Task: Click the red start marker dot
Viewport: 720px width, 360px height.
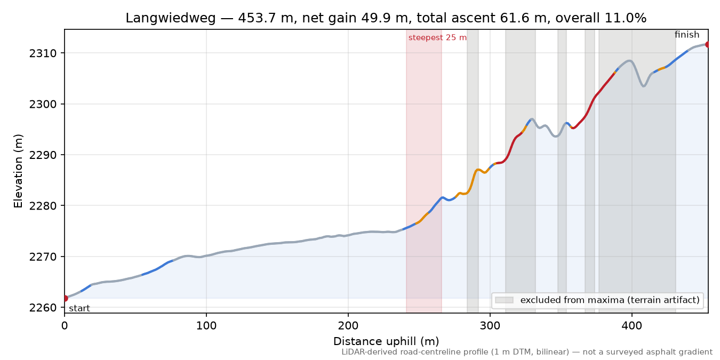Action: [x=65, y=298]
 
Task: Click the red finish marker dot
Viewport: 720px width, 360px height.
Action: [x=707, y=44]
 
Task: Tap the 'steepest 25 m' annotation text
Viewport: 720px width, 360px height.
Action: [x=437, y=38]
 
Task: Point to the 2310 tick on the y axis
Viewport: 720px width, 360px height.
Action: [x=43, y=53]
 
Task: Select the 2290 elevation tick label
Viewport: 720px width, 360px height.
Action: [x=43, y=155]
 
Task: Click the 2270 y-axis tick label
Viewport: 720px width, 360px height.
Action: [x=43, y=257]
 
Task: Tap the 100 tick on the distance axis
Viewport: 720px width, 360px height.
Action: [x=206, y=326]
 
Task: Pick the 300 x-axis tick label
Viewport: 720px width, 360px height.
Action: [x=490, y=326]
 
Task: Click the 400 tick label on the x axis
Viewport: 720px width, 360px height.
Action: [x=632, y=326]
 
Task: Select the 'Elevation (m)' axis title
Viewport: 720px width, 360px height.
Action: [x=18, y=171]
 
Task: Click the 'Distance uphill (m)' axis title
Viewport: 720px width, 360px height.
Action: [x=386, y=341]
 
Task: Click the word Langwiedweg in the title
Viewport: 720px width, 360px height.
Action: [x=170, y=18]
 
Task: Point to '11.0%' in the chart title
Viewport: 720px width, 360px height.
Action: [x=626, y=18]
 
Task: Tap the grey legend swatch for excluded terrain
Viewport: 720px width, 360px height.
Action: [x=504, y=300]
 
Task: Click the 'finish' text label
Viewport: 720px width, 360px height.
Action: [x=687, y=35]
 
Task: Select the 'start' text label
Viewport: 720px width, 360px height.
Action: [x=79, y=308]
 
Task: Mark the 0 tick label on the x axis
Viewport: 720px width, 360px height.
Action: [x=65, y=326]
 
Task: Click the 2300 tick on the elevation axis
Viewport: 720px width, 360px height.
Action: [x=43, y=104]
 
